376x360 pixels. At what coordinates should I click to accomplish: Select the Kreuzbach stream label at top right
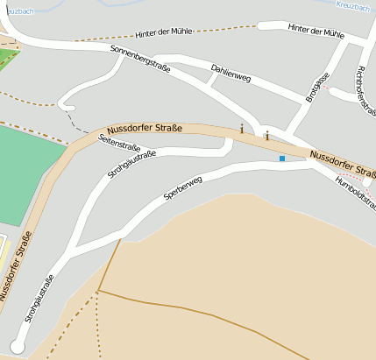click(354, 5)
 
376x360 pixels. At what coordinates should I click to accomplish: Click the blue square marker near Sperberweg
click(282, 159)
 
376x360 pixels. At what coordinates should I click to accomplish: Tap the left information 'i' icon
click(242, 129)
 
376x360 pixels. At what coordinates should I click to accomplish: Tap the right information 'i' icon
click(266, 136)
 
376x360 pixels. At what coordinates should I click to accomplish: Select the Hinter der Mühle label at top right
click(316, 31)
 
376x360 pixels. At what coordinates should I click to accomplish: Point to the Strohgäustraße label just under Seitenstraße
click(131, 165)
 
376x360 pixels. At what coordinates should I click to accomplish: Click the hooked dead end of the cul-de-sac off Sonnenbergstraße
click(62, 107)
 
